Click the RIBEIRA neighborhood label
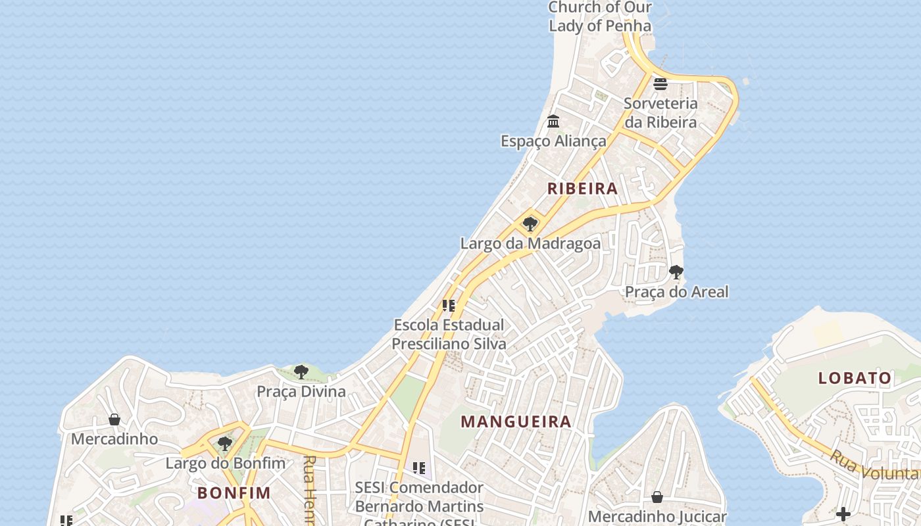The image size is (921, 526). coord(582,189)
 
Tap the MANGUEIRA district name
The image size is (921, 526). coord(516,421)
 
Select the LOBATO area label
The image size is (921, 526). coord(855,378)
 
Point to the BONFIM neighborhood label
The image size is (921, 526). coord(234,492)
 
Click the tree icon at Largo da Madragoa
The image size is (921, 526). coord(530,224)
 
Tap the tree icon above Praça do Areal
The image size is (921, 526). coord(676,272)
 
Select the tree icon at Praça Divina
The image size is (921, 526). coord(301,372)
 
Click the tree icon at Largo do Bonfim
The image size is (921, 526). coord(225,444)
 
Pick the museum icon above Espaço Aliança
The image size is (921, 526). coord(553,122)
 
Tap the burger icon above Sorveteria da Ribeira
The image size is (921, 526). coord(660,84)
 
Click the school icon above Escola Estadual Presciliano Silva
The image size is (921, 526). coord(449,306)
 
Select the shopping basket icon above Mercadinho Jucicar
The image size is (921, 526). coord(657,497)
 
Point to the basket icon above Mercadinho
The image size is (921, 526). coord(114,419)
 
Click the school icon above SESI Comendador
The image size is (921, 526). coord(418,468)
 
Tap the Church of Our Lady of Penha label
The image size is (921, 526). coord(600,16)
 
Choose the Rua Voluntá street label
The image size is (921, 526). coord(875,465)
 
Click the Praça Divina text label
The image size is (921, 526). coord(301,392)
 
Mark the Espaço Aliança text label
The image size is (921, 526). coord(553,141)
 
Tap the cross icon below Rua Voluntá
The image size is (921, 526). coord(843,514)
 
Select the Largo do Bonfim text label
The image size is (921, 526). coord(225,463)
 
